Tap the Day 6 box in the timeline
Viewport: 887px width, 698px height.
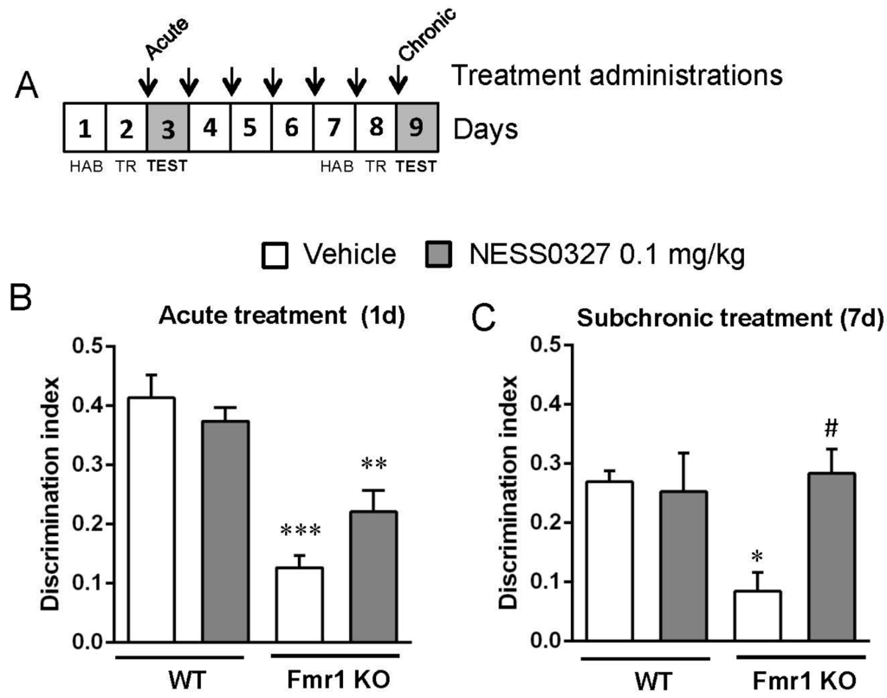[x=292, y=130]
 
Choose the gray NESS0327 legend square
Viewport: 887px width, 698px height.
[x=440, y=254]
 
